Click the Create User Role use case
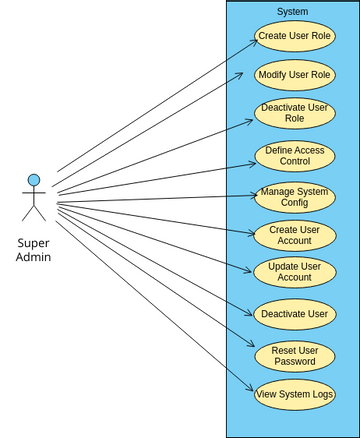coord(294,37)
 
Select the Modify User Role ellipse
coord(294,75)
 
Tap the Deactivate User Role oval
coord(294,112)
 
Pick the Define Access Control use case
coord(294,156)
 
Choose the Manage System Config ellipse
coord(294,196)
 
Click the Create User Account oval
coord(294,234)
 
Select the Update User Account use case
coord(294,272)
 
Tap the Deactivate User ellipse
coord(294,314)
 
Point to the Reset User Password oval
coord(294,356)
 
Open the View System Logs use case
coord(294,394)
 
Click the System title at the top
coord(292,12)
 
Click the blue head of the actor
coord(34,180)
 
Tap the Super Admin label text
coord(34,250)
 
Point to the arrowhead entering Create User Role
coord(250,39)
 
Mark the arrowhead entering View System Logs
coord(250,393)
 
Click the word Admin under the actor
coord(34,258)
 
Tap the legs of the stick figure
coord(34,212)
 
